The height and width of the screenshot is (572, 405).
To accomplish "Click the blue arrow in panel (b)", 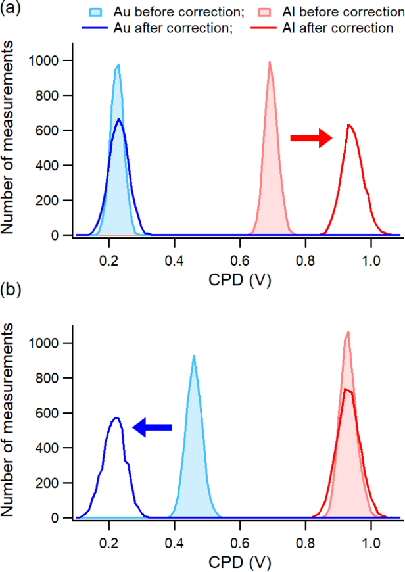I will point(153,428).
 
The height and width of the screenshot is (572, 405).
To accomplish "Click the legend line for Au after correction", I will point(98,28).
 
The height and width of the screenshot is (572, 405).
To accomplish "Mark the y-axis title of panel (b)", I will point(11,431).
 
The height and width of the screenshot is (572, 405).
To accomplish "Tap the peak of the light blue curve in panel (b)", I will point(194,356).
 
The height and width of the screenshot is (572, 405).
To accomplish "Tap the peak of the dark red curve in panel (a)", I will point(349,125).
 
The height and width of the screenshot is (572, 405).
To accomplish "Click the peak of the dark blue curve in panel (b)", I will point(116,417).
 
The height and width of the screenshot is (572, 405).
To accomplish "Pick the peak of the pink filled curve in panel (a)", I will point(270,62).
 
